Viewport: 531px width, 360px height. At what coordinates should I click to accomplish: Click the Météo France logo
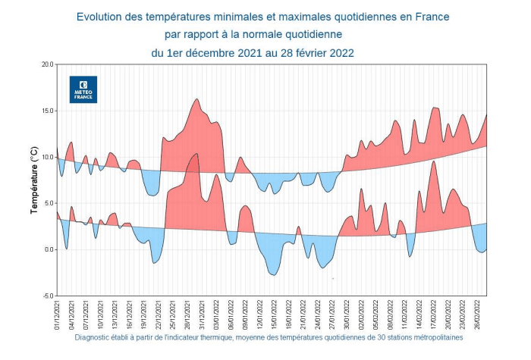pyautogui.click(x=83, y=89)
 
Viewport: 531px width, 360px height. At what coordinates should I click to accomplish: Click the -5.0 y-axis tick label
pyautogui.click(x=46, y=296)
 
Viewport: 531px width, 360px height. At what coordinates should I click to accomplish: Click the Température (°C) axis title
pyautogui.click(x=33, y=180)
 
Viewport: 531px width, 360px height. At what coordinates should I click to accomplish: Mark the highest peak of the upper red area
pyautogui.click(x=197, y=99)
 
